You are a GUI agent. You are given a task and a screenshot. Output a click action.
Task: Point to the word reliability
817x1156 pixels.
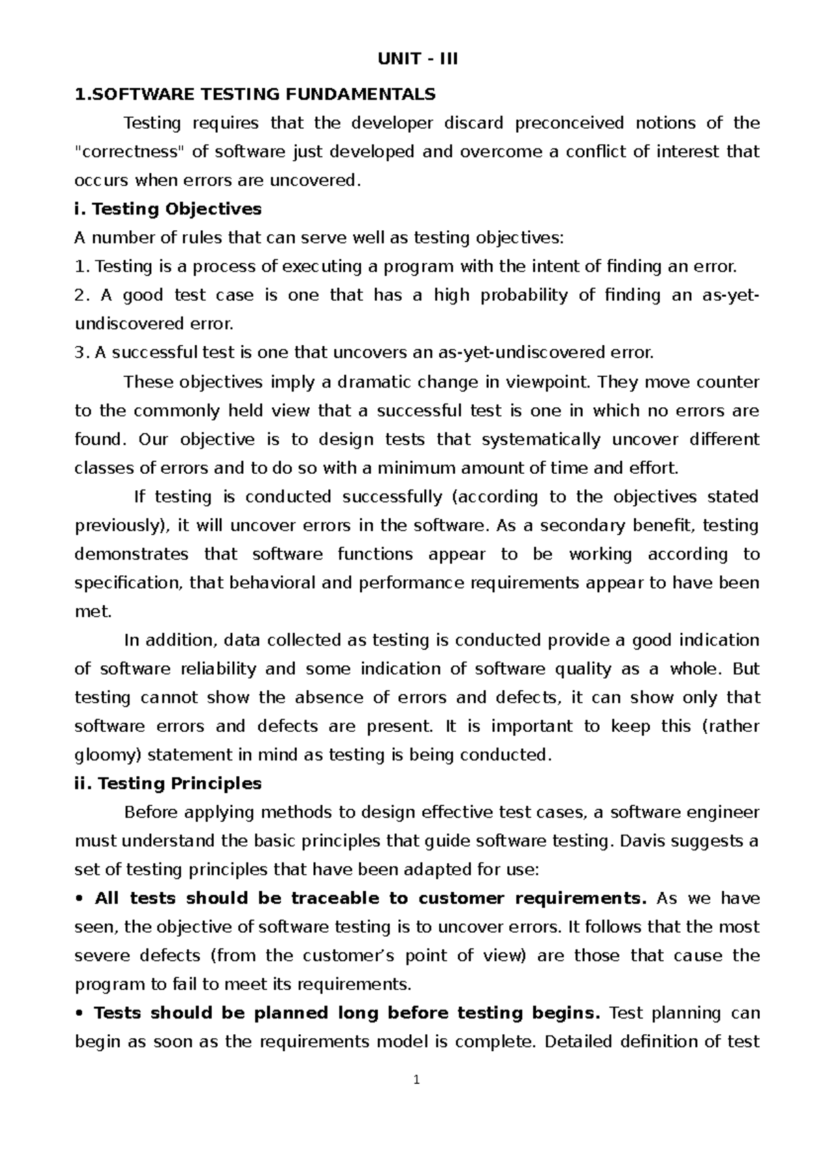click(218, 669)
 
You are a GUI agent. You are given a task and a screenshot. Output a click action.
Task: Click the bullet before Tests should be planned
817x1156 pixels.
click(80, 1014)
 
